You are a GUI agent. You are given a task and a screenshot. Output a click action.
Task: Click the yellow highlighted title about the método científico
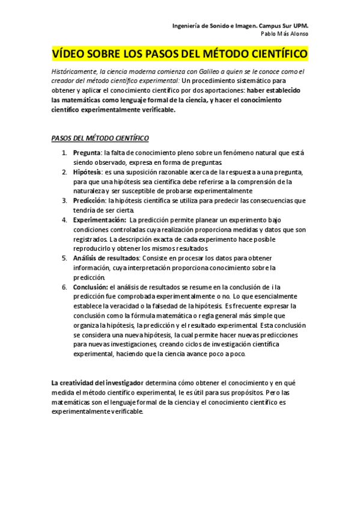tap(180, 55)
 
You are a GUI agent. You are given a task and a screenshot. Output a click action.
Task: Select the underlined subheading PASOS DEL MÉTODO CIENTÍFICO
tap(100, 138)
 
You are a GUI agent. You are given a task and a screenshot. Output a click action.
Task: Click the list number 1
tap(64, 153)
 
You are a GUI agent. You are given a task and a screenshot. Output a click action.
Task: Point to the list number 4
tap(64, 220)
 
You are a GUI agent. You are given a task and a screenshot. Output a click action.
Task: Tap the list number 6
tap(64, 287)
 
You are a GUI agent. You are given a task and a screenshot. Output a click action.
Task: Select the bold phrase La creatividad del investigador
tap(97, 382)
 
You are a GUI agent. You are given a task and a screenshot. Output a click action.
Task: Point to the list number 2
tap(64, 172)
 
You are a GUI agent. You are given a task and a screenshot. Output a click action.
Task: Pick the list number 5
tap(64, 258)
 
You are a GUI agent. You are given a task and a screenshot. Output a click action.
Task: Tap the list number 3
tap(64, 200)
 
